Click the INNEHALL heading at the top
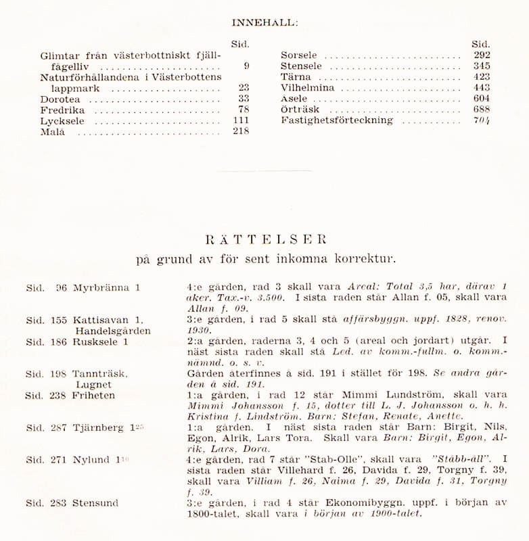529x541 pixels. (x=264, y=22)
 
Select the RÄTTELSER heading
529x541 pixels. (x=266, y=239)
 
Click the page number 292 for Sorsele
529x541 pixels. (x=482, y=55)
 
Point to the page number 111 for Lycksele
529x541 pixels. (x=240, y=120)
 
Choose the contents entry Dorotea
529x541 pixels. (x=60, y=99)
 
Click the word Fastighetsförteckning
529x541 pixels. (x=336, y=120)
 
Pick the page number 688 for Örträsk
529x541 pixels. (x=482, y=110)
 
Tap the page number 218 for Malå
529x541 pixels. (x=240, y=131)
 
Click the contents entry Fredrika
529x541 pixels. (x=62, y=110)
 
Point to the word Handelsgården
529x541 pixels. (x=113, y=331)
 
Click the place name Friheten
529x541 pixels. (x=94, y=395)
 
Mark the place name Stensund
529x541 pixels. (x=96, y=502)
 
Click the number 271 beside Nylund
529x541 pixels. (x=59, y=460)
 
